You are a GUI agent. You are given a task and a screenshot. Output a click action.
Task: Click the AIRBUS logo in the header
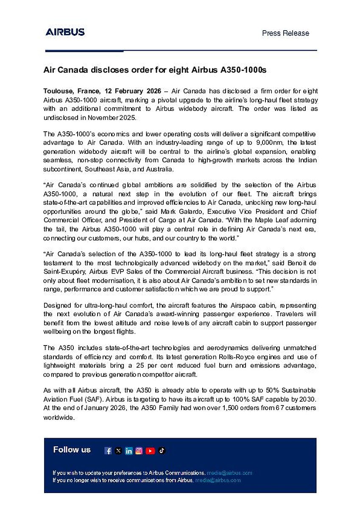pos(65,32)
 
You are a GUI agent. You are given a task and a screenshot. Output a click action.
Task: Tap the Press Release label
pos(285,33)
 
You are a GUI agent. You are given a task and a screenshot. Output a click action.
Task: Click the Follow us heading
pos(72,450)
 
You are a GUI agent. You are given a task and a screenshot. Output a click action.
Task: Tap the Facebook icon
pos(108,451)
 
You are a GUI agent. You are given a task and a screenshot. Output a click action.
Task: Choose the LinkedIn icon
pos(128,451)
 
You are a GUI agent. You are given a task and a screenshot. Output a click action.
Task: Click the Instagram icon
pos(139,451)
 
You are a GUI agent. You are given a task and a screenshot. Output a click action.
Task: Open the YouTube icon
pos(150,451)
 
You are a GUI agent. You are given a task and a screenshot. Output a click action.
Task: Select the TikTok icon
pos(162,451)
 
